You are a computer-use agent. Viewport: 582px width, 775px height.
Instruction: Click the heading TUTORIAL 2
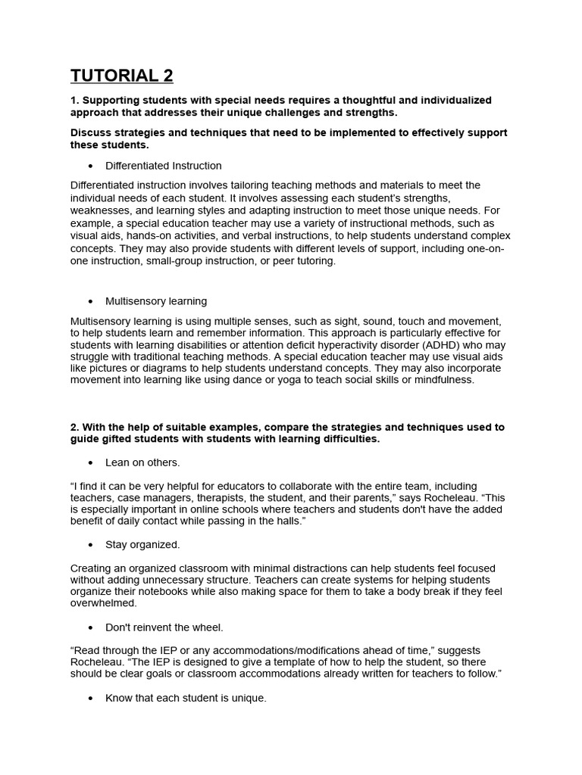pyautogui.click(x=121, y=76)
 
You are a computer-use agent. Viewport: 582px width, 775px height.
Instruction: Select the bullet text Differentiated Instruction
pyautogui.click(x=163, y=166)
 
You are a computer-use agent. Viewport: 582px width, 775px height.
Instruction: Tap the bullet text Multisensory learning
pyautogui.click(x=155, y=301)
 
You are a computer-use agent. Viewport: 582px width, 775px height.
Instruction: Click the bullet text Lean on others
pyautogui.click(x=142, y=462)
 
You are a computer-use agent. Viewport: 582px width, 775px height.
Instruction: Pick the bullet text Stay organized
pyautogui.click(x=142, y=544)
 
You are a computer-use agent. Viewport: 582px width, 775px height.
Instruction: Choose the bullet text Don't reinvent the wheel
pyautogui.click(x=164, y=627)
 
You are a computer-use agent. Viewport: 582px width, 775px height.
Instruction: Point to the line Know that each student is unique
pyautogui.click(x=186, y=698)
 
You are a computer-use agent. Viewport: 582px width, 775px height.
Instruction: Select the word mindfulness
pyautogui.click(x=441, y=380)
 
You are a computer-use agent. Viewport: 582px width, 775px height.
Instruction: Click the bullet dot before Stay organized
pyautogui.click(x=91, y=545)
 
